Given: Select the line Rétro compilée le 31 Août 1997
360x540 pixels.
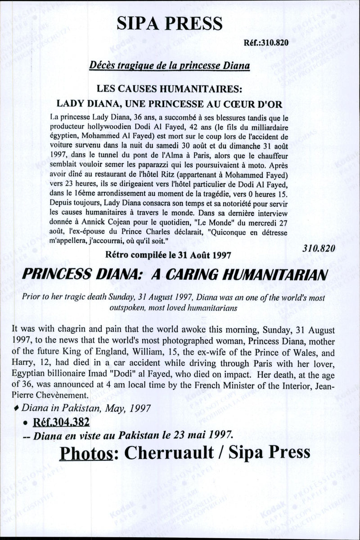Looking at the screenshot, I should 168,254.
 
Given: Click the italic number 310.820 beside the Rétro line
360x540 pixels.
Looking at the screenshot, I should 319,248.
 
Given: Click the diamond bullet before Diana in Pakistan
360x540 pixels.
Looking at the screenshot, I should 17,408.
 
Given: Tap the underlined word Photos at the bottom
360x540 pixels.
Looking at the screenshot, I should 85,452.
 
